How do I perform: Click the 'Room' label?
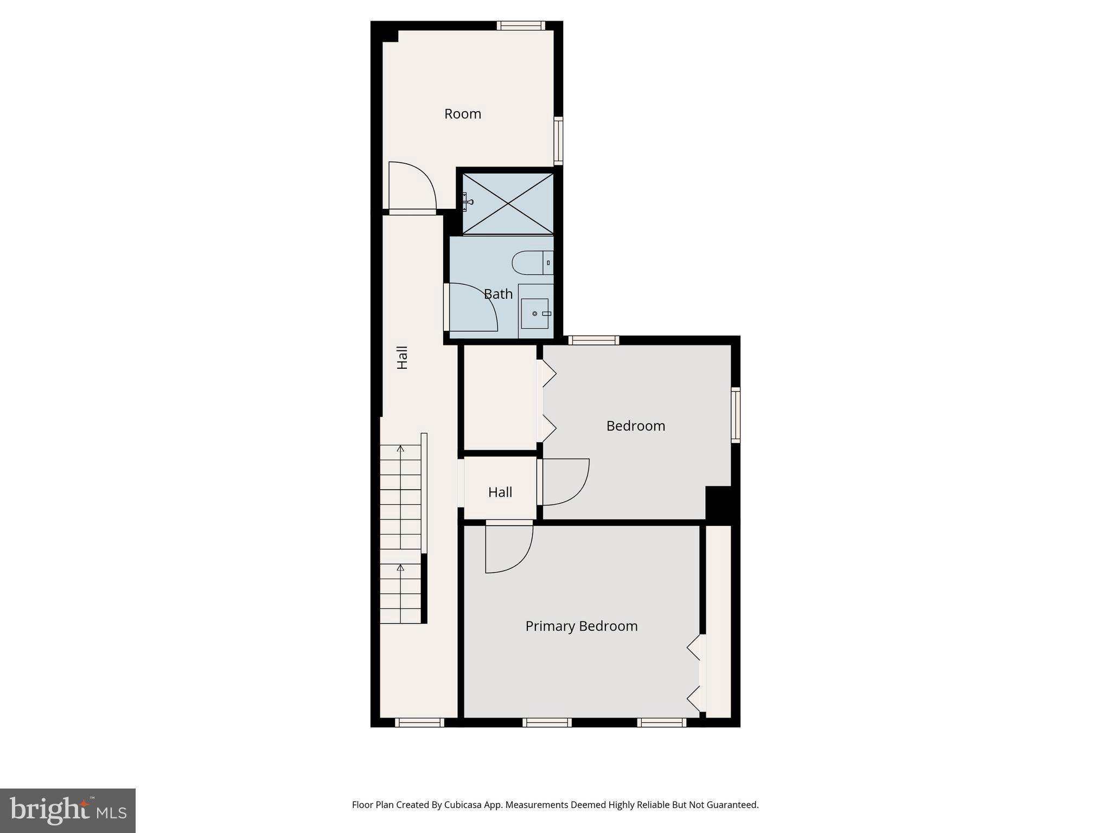pos(463,114)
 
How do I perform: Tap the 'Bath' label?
pos(498,294)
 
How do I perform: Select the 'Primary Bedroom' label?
pos(581,626)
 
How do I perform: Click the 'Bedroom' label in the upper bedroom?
pos(635,426)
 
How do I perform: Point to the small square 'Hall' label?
pos(500,492)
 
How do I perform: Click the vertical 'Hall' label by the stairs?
pos(402,357)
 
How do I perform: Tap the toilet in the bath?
pos(532,262)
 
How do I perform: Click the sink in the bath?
pos(535,313)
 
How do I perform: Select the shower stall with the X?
pos(508,203)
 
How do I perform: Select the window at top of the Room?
pos(521,25)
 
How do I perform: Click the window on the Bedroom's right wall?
pos(735,415)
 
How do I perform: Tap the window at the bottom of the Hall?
pos(419,722)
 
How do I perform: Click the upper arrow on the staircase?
pos(400,449)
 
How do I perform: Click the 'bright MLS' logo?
pos(68,810)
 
